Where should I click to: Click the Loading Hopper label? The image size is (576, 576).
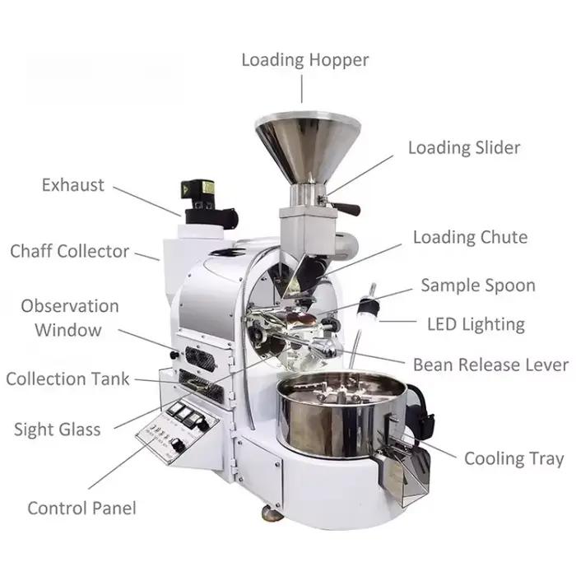coord(305,60)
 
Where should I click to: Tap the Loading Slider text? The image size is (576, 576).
coord(464,147)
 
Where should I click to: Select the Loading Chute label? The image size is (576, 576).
coord(471,237)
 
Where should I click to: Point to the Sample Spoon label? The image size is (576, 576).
coord(478,286)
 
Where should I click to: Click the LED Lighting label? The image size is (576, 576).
coord(476,325)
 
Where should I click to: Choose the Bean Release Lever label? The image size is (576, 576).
coord(490,365)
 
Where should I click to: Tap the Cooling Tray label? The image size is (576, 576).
coord(514,459)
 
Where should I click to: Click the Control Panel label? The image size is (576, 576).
coord(82,509)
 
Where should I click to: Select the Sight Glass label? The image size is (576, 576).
coord(58,430)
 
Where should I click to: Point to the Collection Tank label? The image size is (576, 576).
coord(68,379)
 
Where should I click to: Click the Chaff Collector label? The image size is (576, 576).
coord(70,251)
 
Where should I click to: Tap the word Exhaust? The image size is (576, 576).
coord(73,185)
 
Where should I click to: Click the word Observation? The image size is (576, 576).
coord(70,306)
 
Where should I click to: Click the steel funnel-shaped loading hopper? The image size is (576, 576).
coord(308,147)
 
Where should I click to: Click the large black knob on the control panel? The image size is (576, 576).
coord(179,446)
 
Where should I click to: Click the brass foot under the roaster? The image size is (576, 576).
coord(271,513)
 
